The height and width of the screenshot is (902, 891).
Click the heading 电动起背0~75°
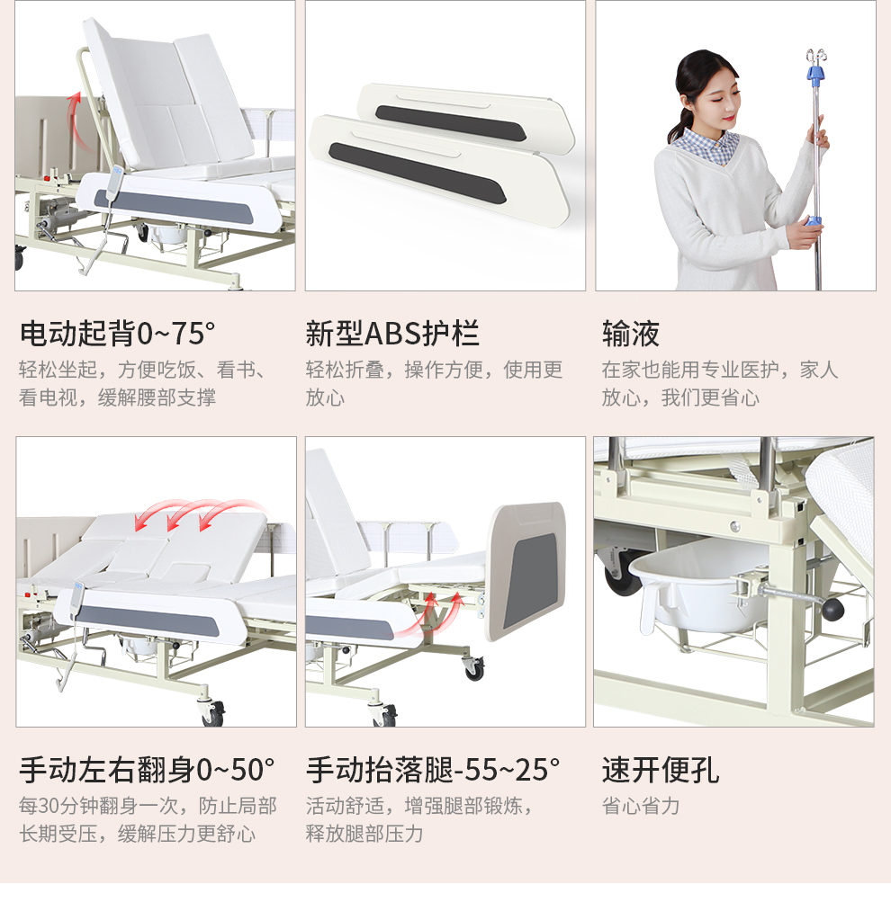tap(117, 334)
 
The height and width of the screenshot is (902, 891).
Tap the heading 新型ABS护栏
tap(392, 334)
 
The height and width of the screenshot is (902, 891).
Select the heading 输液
tap(631, 334)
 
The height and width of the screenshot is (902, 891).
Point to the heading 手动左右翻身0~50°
tap(147, 770)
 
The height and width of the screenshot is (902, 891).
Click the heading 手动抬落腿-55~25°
tap(433, 770)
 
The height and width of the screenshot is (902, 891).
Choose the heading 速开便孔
tap(661, 770)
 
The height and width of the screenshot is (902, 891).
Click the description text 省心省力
tap(641, 806)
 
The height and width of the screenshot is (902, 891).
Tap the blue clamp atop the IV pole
tap(815, 74)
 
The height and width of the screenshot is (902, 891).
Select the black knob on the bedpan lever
tap(832, 609)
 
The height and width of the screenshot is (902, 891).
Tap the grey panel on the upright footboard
tap(530, 580)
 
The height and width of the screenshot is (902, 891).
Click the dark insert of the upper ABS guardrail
tap(450, 123)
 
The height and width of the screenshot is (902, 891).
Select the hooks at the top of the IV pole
tap(815, 57)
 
